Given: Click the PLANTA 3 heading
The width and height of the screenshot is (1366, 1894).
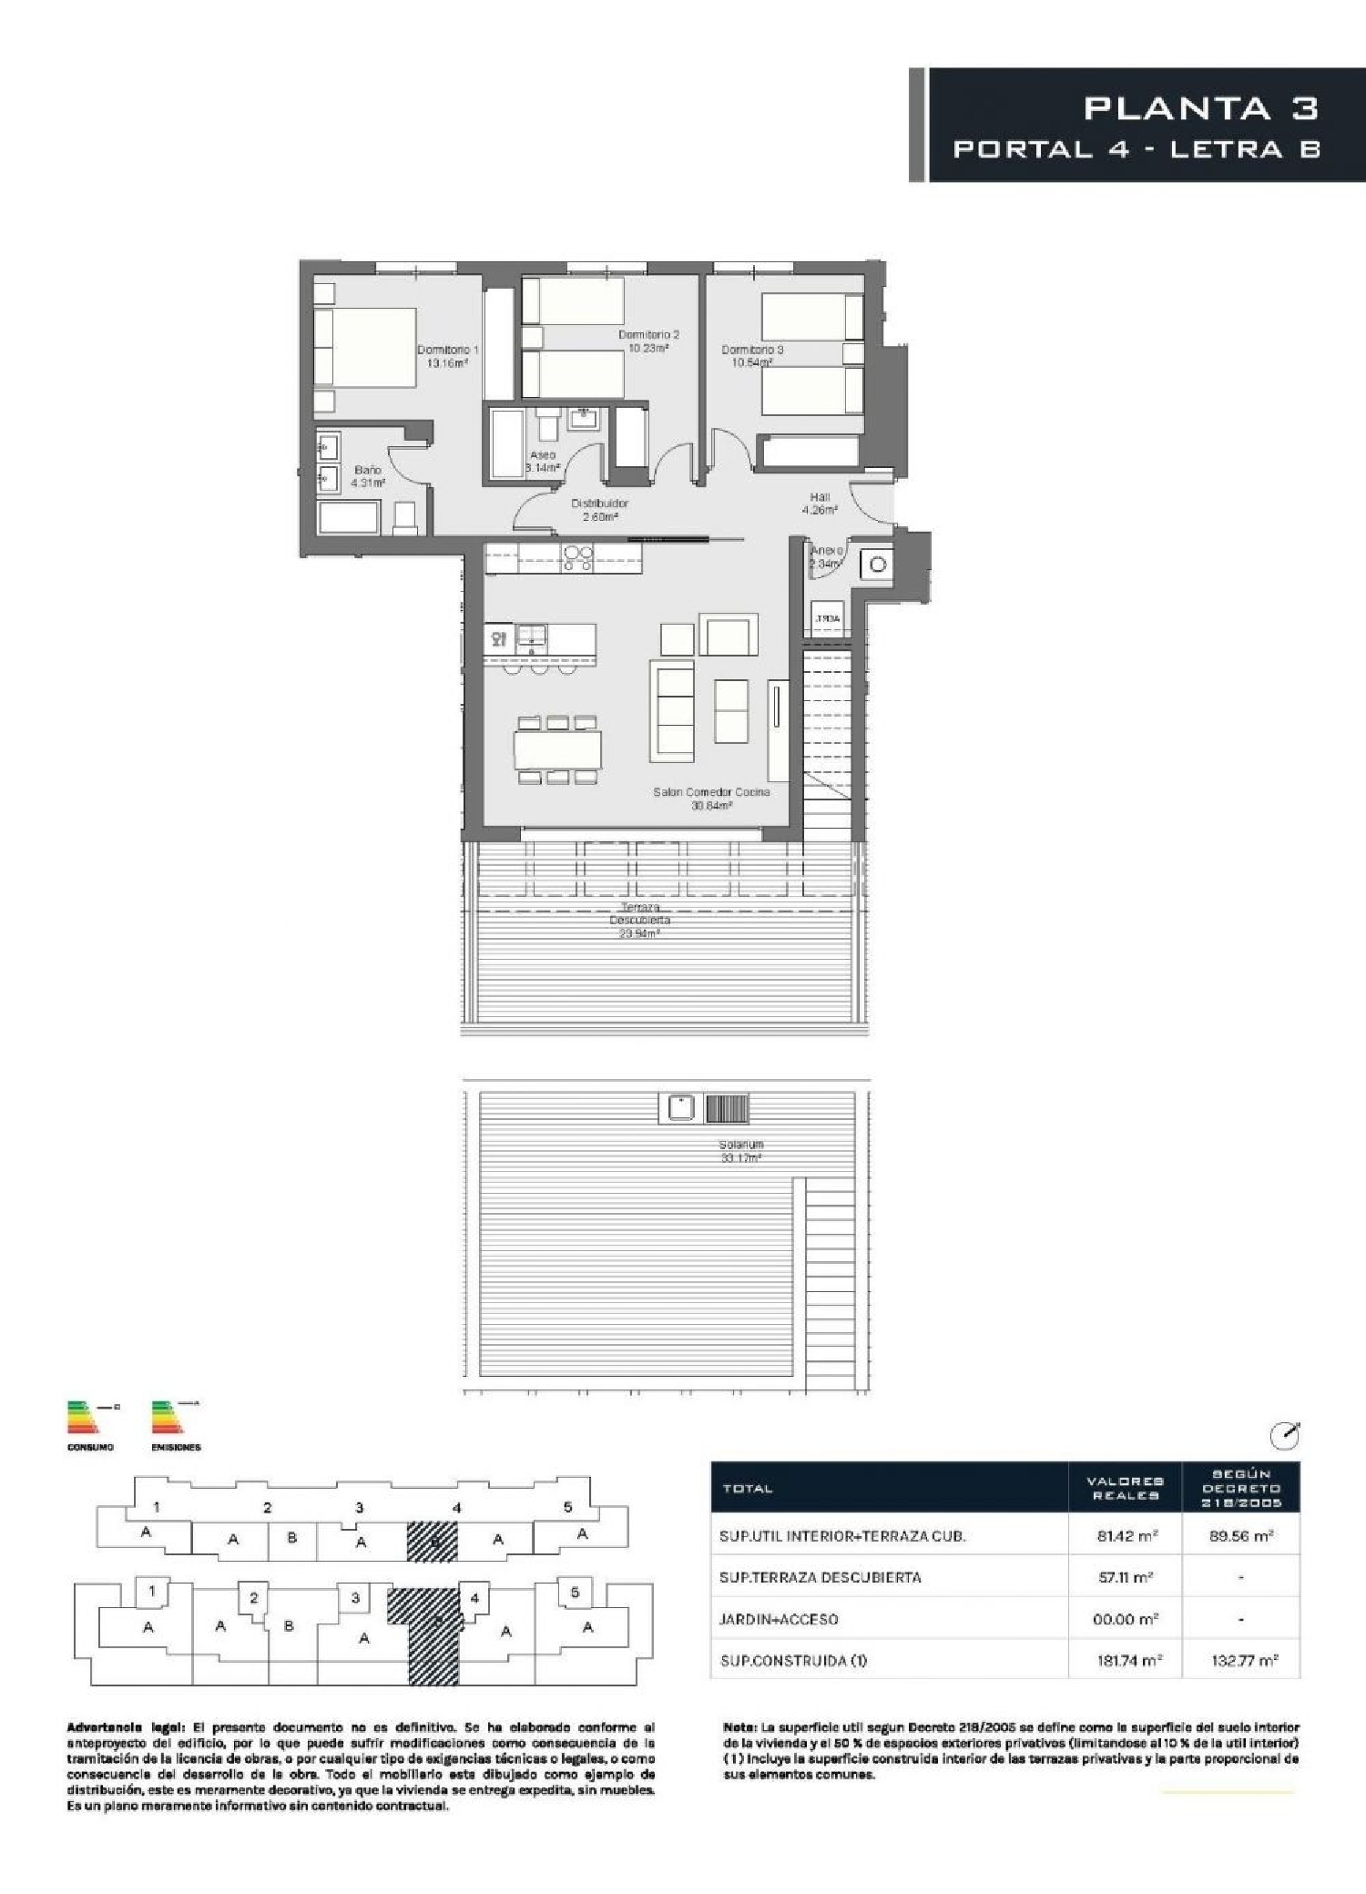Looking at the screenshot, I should (1200, 108).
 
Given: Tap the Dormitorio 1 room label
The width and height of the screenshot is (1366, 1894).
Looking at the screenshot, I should (447, 356).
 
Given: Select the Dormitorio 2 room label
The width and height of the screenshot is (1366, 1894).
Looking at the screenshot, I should (648, 341).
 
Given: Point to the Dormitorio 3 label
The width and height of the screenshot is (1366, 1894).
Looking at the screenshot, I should (752, 356).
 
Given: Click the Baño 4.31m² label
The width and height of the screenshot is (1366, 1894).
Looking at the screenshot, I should (368, 476).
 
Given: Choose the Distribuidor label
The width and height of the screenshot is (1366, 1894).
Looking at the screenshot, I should (599, 509).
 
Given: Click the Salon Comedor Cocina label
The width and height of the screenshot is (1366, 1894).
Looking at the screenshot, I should (711, 798).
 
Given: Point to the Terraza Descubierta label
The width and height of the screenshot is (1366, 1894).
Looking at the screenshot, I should (639, 920).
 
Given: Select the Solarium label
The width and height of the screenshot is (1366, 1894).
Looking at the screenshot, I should (740, 1151).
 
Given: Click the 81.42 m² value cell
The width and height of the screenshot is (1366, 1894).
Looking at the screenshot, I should (1126, 1535).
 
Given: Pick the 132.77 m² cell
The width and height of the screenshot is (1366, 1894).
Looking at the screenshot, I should (1240, 1660).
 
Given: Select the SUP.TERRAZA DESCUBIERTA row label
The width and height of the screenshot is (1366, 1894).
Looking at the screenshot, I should (820, 1577).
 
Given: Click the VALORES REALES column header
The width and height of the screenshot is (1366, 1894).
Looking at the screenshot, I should (1124, 1489).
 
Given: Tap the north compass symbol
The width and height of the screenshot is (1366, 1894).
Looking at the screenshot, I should (1284, 1436).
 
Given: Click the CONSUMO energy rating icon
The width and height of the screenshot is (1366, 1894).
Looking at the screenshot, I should (90, 1422).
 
